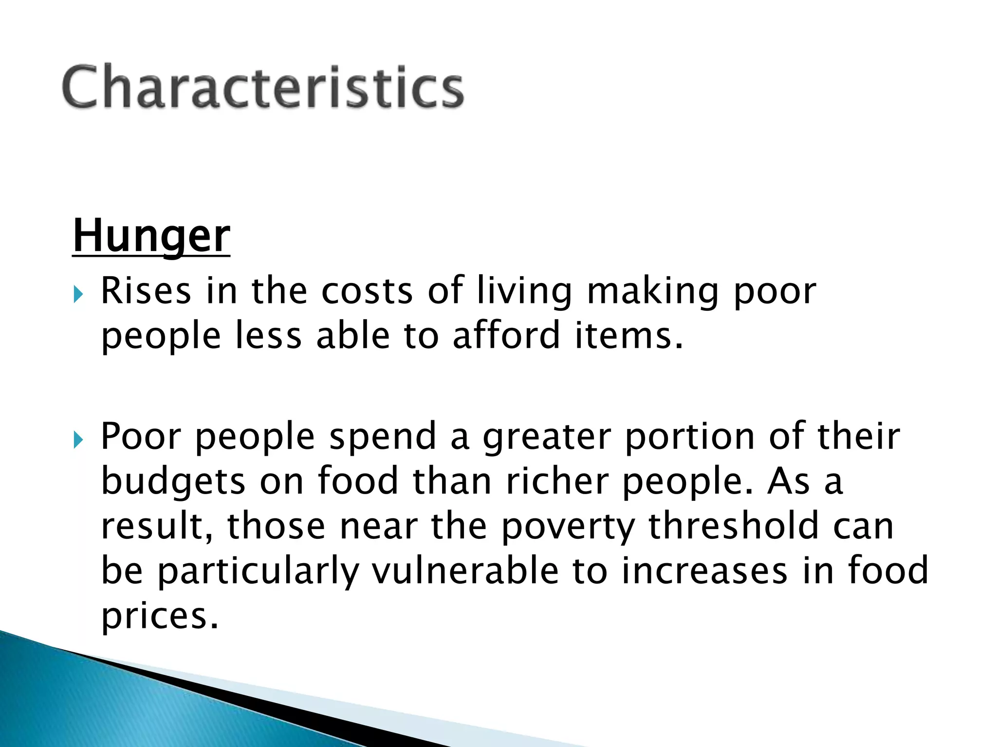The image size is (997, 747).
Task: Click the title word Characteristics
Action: coord(263,88)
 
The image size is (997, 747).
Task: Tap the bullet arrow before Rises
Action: coord(78,294)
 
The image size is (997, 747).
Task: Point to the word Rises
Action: coord(146,291)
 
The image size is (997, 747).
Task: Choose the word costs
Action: coord(367,291)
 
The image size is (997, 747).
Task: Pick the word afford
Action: coord(506,336)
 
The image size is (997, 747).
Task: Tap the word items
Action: coord(629,336)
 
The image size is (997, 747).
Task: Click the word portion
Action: coord(689,437)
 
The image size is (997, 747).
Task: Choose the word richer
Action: coord(557,481)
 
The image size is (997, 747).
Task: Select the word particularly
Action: coord(258,572)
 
